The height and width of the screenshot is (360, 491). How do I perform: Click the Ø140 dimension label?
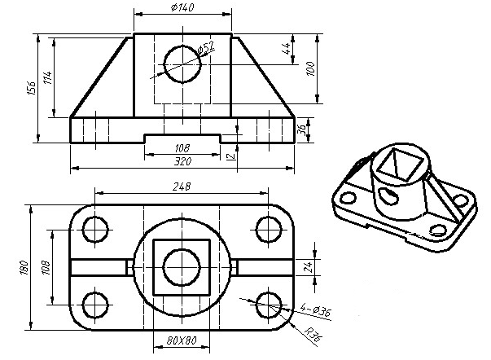[x=183, y=7]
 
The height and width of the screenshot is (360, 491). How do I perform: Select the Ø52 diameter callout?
[x=206, y=47]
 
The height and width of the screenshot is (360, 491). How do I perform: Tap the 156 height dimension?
[x=32, y=87]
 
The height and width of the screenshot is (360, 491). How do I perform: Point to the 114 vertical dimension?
[x=47, y=77]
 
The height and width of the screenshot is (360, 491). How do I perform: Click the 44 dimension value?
[x=287, y=49]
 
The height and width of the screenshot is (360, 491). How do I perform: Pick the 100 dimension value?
[x=310, y=68]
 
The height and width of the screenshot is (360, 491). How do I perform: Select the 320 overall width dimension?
[x=183, y=161]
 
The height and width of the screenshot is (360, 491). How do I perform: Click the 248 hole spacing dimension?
[x=182, y=187]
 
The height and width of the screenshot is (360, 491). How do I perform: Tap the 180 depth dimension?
[x=24, y=268]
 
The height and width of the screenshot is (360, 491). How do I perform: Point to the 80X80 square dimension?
[x=182, y=340]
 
